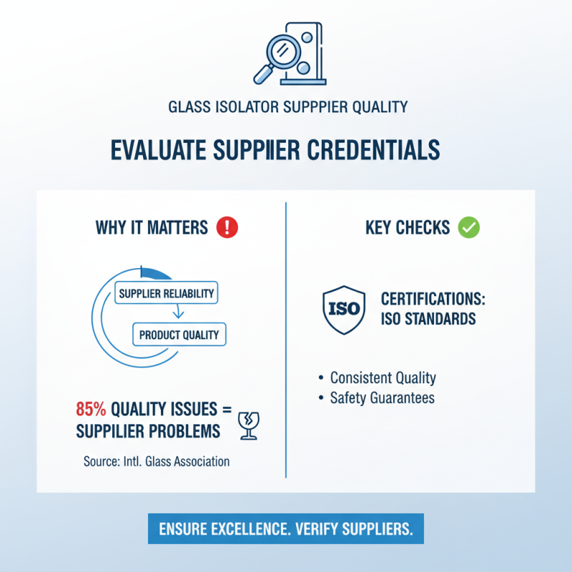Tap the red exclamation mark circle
[x=227, y=227]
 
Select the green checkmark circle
[x=469, y=227]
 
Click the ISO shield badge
[x=344, y=310]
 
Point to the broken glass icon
[x=248, y=425]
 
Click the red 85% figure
[x=91, y=409]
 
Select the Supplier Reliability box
[x=167, y=293]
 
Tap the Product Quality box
[x=179, y=335]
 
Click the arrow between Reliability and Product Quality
[x=178, y=311]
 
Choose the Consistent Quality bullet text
[x=383, y=378]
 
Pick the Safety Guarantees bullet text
[x=383, y=398]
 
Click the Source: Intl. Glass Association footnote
[x=157, y=461]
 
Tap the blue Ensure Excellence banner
[x=286, y=528]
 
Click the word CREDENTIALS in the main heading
[x=373, y=150]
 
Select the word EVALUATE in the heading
[x=158, y=150]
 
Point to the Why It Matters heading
[x=152, y=227]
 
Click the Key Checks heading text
[x=408, y=227]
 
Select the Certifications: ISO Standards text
[x=433, y=309]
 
